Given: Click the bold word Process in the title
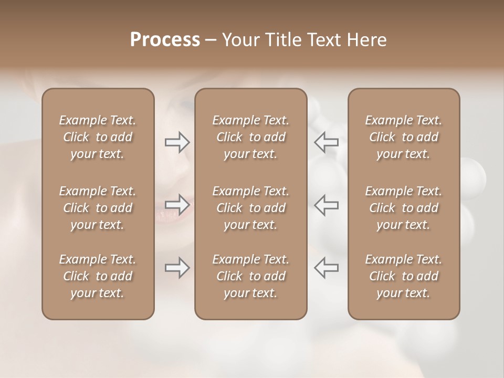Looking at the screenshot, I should (x=165, y=40).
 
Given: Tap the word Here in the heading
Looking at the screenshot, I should (x=366, y=40).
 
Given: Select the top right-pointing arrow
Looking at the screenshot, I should (x=177, y=142).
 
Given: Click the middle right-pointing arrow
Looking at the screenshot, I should (x=177, y=205).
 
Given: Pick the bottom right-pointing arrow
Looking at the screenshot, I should (x=177, y=268).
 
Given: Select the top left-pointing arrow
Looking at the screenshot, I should (x=327, y=142).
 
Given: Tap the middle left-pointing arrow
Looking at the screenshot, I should (x=327, y=205).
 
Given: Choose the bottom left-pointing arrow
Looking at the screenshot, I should (x=327, y=268).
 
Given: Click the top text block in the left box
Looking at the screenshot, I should (x=98, y=137).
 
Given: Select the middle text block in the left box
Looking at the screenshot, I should (x=98, y=208).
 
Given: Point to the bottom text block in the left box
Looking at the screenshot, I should (x=98, y=276).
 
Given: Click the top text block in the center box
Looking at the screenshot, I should (x=250, y=137).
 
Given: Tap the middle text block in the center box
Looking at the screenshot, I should (x=250, y=208).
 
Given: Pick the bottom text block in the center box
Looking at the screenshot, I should (x=250, y=276).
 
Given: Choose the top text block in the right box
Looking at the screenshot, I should (x=404, y=137).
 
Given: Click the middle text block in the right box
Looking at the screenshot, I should (x=404, y=208).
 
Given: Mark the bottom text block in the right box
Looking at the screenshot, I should (x=404, y=276).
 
